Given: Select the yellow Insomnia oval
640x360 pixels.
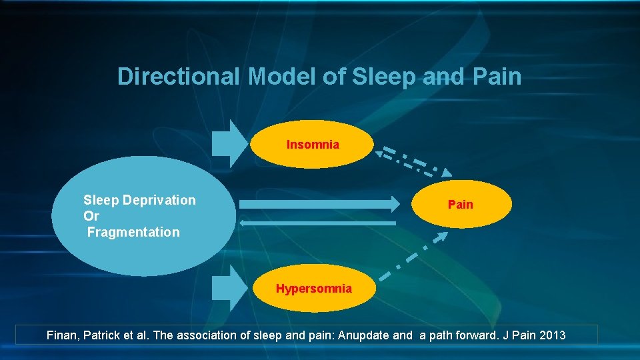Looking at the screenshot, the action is (313, 144).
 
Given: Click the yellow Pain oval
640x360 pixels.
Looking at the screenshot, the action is (461, 204).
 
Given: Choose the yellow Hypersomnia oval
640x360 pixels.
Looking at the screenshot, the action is (314, 289).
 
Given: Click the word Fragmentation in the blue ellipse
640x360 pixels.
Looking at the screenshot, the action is (133, 232).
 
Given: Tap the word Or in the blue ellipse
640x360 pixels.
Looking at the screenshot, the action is (91, 216).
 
